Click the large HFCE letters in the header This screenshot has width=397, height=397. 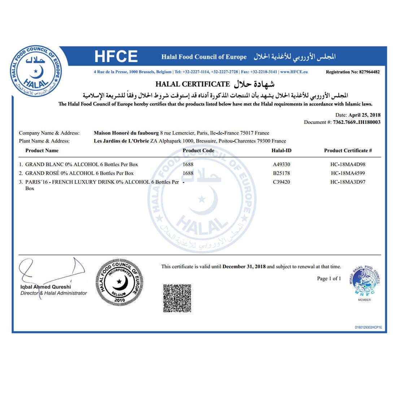[x=116, y=57]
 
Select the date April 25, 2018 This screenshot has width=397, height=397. [x=364, y=115]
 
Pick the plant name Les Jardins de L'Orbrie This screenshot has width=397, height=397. [x=121, y=141]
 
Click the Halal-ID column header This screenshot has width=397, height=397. [x=281, y=150]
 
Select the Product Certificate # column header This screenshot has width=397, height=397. [x=348, y=150]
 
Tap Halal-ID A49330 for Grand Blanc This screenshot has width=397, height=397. [x=282, y=165]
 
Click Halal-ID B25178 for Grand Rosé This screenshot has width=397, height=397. [x=282, y=173]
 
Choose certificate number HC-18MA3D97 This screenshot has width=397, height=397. [x=348, y=182]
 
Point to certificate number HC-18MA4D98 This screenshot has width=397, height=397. [x=348, y=165]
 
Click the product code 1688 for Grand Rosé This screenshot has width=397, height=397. [x=188, y=173]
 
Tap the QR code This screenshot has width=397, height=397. [x=177, y=298]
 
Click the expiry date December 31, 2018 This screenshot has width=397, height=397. [x=244, y=267]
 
